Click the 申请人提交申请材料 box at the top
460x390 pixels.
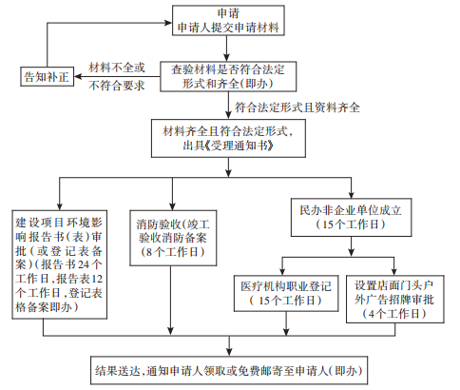point(228,20)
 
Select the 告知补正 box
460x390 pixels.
point(47,76)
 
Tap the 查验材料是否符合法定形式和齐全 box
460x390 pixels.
point(228,76)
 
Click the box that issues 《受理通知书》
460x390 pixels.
point(228,138)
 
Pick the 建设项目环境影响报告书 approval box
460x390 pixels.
point(59,264)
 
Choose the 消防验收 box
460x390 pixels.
point(173,238)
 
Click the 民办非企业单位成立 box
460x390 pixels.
point(351,218)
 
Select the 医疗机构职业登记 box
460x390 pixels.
point(286,293)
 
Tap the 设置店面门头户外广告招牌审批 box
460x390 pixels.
point(394,299)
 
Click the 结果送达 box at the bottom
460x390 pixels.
point(229,370)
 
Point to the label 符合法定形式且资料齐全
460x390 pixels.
point(297,107)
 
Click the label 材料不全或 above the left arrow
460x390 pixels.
point(117,68)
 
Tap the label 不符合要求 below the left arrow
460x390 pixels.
point(117,86)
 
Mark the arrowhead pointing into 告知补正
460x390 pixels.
point(78,76)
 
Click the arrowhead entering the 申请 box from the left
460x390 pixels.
point(168,23)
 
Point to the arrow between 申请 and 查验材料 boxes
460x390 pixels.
point(226,49)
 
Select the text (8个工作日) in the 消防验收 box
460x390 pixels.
point(173,252)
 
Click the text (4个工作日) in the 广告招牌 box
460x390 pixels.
point(394,314)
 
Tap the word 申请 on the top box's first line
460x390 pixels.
point(228,13)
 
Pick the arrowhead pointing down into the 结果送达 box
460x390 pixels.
point(229,352)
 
